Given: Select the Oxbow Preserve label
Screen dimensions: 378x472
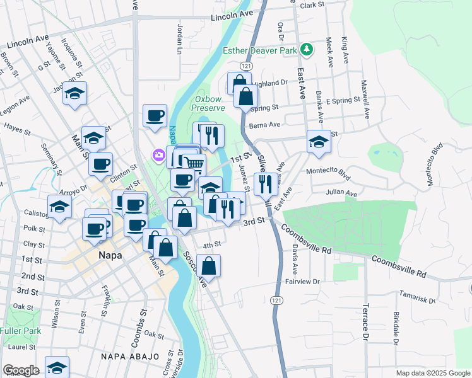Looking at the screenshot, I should click(209, 103).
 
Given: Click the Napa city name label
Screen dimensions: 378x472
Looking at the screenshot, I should click(110, 255).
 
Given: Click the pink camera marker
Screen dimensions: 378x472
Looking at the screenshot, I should click(158, 155).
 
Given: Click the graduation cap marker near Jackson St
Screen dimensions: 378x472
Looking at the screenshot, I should click(74, 94).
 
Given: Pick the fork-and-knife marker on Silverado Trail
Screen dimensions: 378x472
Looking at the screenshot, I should click(265, 183).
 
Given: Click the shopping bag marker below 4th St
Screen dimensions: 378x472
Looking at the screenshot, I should click(209, 265).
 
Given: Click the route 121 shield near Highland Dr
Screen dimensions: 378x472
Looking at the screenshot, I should click(247, 66).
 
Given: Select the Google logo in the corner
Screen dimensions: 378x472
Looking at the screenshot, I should click(21, 370).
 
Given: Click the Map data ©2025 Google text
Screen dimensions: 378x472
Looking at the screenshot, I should click(432, 372).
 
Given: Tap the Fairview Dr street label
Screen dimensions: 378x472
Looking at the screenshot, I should click(303, 282).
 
